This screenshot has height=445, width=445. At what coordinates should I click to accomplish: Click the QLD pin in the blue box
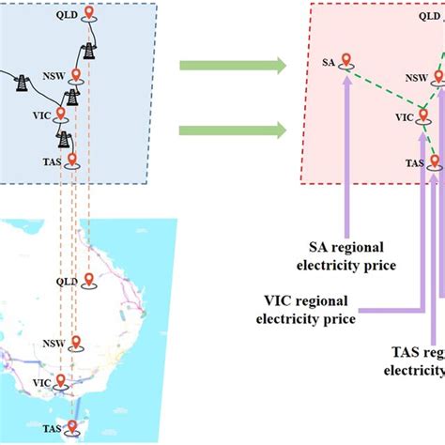[x=88, y=14]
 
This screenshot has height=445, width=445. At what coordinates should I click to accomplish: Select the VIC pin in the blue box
[x=61, y=115]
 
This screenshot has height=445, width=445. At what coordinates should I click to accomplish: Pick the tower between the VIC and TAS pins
[x=65, y=140]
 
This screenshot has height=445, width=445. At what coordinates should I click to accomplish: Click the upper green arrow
[x=233, y=65]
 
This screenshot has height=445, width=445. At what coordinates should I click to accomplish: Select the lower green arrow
[x=233, y=129]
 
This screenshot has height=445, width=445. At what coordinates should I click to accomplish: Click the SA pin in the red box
[x=346, y=61]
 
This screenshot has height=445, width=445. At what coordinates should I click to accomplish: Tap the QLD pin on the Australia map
[x=88, y=281]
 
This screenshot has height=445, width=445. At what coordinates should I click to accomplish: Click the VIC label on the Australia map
[x=40, y=383]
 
